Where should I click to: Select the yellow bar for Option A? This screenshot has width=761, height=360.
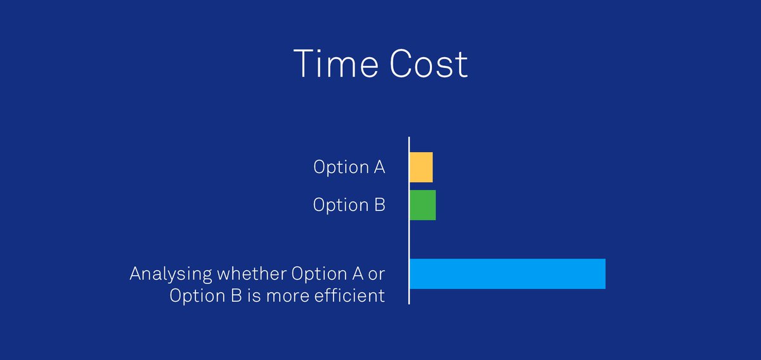(x=421, y=167)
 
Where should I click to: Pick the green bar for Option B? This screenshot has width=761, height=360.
(x=423, y=205)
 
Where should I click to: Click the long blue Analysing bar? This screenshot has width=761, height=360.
(x=507, y=274)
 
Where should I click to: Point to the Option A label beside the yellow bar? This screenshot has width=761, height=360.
(x=349, y=167)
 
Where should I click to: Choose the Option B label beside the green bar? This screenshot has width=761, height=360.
(x=349, y=205)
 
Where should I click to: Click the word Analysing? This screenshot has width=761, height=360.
(x=171, y=274)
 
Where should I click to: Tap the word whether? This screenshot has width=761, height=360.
(x=251, y=274)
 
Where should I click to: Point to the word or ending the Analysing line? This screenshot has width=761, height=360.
(x=377, y=274)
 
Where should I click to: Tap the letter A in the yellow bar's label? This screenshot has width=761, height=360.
(x=378, y=167)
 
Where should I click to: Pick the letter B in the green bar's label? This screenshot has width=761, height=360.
(x=379, y=205)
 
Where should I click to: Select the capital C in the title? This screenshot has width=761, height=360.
(x=403, y=64)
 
